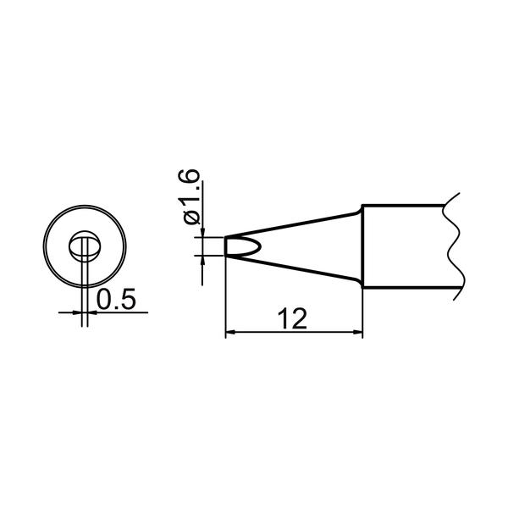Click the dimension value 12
point(292,319)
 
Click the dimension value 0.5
point(116,299)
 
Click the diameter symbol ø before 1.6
point(191,218)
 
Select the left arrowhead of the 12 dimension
point(229,332)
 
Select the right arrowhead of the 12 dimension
point(358,332)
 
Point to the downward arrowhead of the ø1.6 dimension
point(202,233)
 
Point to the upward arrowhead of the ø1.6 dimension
point(202,260)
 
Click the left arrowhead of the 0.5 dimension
point(77,312)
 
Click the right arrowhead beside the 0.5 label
point(92,312)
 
